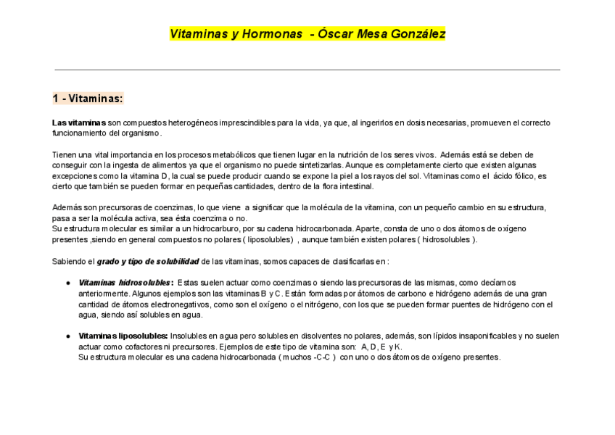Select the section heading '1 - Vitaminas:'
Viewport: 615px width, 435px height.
(x=88, y=99)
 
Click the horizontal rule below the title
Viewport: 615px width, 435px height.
(x=307, y=70)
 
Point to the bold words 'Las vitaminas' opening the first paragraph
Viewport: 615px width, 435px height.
(x=79, y=123)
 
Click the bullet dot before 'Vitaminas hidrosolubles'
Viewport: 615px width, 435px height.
(x=67, y=283)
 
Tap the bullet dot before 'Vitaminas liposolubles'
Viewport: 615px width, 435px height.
(x=67, y=336)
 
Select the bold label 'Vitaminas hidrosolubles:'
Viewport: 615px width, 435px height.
(x=125, y=283)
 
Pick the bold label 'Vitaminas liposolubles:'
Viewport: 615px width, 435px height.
(x=123, y=336)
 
